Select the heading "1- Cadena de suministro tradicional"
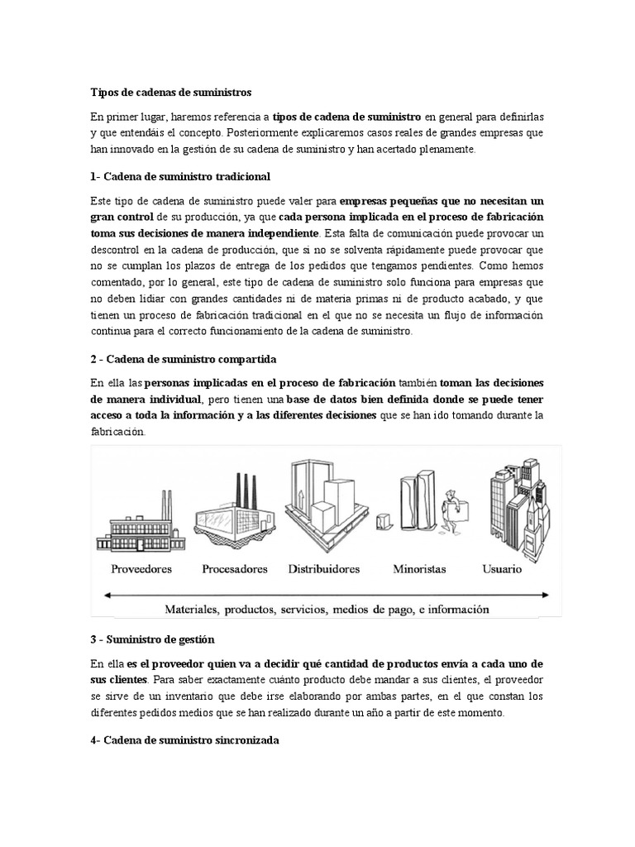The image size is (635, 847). pyautogui.click(x=180, y=177)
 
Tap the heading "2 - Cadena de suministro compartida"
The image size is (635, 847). pyautogui.click(x=184, y=360)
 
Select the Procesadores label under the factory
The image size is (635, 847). pyautogui.click(x=235, y=569)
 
